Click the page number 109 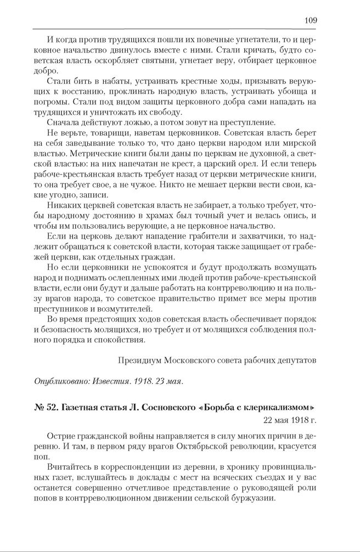[310, 21]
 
